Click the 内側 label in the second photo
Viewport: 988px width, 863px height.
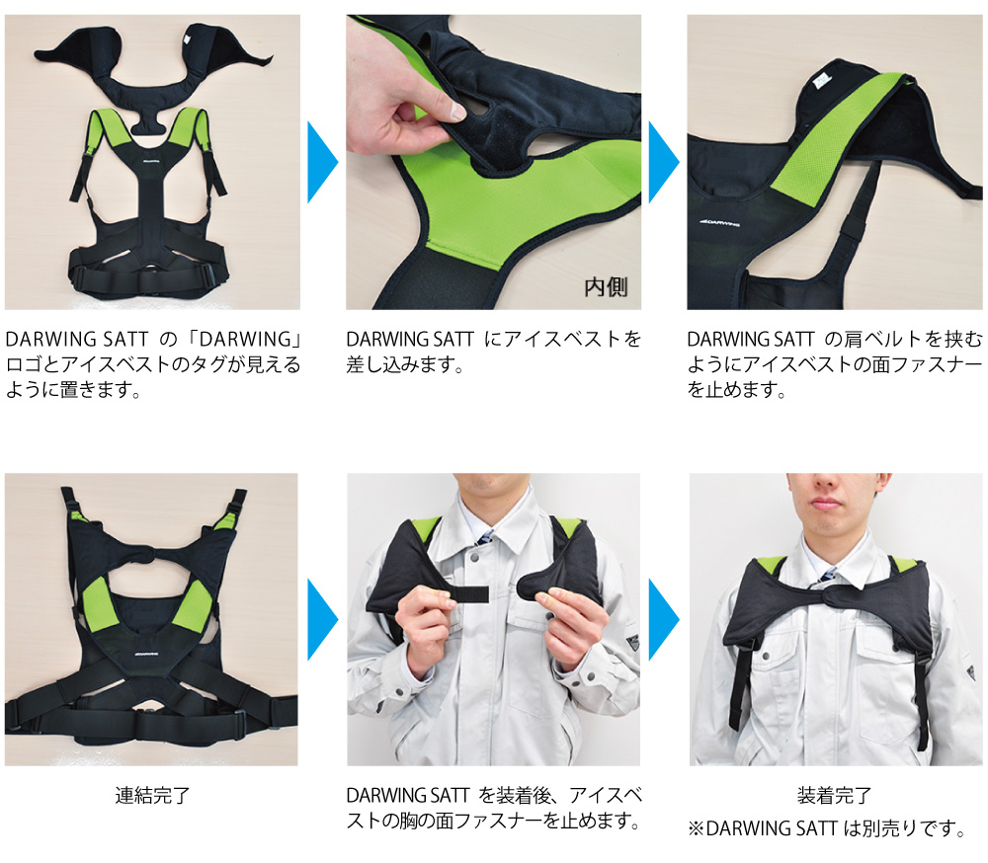[606, 287]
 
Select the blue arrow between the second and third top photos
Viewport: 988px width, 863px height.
[662, 162]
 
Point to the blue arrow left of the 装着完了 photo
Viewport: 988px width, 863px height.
[662, 619]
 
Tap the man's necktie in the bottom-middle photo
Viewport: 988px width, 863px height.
[486, 538]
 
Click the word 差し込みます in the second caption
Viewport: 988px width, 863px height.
[405, 365]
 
